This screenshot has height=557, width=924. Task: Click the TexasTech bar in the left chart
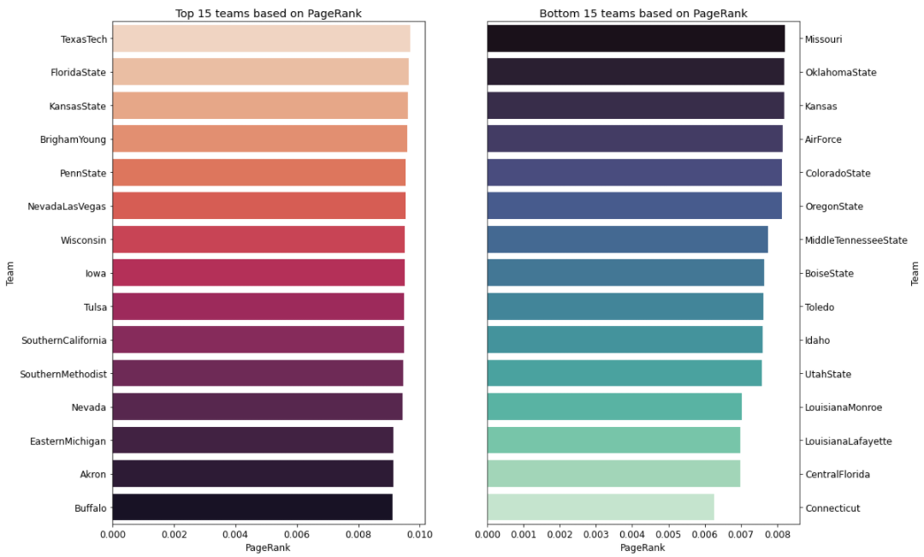point(261,39)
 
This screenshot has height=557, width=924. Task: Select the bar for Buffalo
point(252,507)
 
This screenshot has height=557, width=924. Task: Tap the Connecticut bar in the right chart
point(600,507)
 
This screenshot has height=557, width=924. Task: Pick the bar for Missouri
point(636,39)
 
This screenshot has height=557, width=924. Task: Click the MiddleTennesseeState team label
point(856,240)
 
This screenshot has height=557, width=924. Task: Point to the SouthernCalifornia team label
point(64,341)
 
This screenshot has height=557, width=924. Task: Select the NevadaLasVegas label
point(61,207)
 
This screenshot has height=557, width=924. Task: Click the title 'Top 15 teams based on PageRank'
point(268,14)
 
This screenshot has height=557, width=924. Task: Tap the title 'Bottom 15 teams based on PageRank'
point(643,14)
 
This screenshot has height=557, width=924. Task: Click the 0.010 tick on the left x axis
point(419,534)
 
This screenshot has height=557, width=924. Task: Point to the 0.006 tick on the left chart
point(297,534)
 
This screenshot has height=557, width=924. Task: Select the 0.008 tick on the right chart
point(776,534)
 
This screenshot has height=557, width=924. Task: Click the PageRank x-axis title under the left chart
point(268,548)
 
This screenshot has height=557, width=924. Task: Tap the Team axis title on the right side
point(915,274)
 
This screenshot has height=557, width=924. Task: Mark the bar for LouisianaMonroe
point(614,407)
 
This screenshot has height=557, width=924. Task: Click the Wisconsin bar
point(258,240)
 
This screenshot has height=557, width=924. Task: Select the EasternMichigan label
point(68,441)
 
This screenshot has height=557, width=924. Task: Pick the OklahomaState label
point(840,73)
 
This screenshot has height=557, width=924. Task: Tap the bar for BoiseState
point(625,274)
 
